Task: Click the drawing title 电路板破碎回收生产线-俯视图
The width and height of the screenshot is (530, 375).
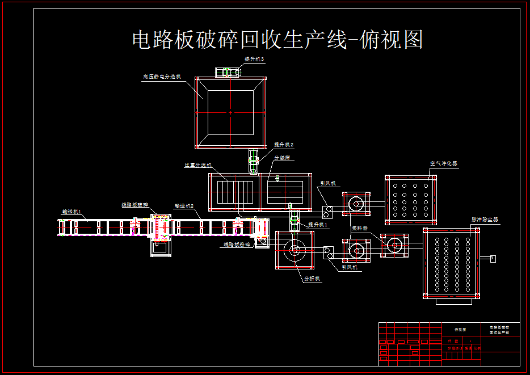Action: click(x=277, y=40)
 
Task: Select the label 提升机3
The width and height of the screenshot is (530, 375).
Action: click(x=254, y=59)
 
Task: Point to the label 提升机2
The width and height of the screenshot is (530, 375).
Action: click(x=284, y=145)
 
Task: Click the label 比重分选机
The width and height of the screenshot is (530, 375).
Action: click(x=197, y=166)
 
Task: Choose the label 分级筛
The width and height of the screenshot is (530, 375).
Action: click(x=282, y=158)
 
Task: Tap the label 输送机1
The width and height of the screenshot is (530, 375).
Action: click(x=72, y=212)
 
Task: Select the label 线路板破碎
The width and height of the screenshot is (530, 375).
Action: click(x=134, y=205)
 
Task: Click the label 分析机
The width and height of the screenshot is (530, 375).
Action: click(x=312, y=279)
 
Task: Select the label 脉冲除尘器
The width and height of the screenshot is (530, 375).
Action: click(x=485, y=219)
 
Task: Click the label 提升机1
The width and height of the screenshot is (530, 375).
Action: click(x=318, y=225)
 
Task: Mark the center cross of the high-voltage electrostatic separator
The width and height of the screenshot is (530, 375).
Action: click(x=230, y=113)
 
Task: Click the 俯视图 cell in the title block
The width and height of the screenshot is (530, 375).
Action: click(x=460, y=329)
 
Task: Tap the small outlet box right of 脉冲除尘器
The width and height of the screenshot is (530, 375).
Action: click(x=492, y=259)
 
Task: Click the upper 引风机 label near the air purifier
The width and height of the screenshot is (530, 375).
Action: click(x=328, y=183)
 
